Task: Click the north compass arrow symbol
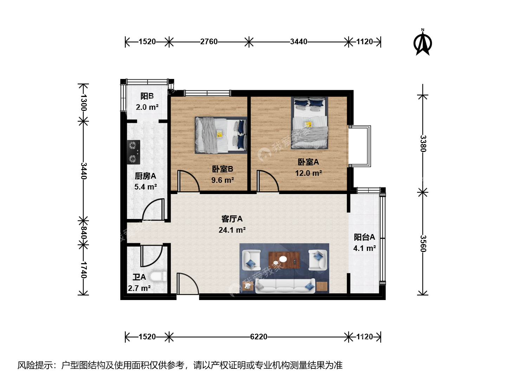coord(422,42)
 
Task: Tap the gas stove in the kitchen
coord(134,152)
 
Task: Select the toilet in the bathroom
coord(158,277)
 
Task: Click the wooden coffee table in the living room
coord(284,260)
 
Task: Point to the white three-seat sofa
coord(285,286)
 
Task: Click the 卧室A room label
coord(308,162)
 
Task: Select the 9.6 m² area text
coord(223,180)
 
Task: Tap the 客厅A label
coord(232,219)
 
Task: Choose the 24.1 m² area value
coord(232,230)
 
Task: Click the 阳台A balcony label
coord(364,237)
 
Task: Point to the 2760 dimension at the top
coord(209,42)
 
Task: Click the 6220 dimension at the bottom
coord(259,337)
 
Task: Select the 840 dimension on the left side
coord(83,233)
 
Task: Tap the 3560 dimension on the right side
coord(423,244)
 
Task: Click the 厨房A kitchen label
coord(145,176)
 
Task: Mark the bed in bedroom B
coord(221,135)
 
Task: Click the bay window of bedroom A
coord(359,146)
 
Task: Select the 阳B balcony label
coord(147,96)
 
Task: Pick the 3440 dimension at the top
coord(299,42)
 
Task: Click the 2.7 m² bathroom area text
coord(139,288)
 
